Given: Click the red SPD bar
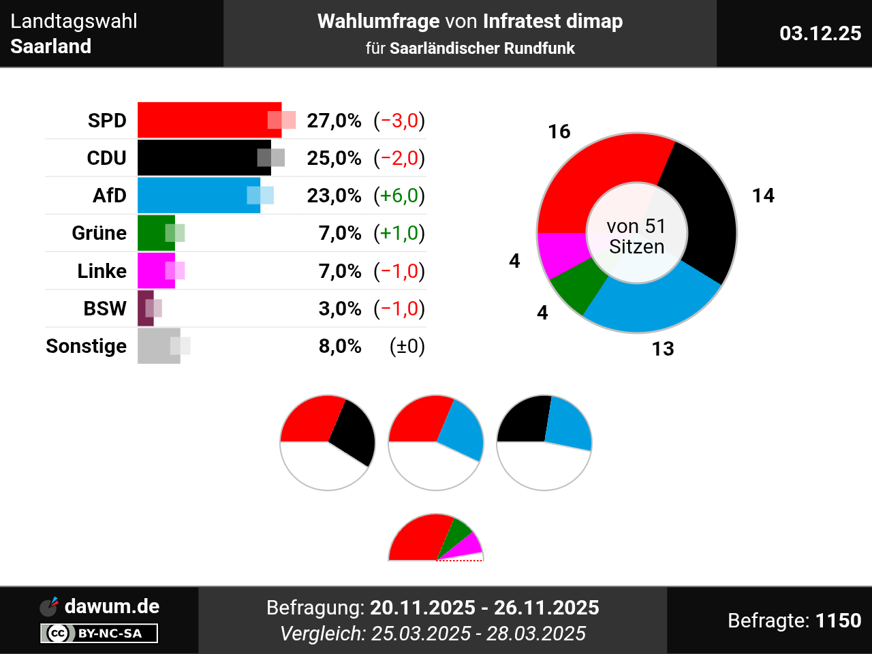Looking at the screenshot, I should (204, 120).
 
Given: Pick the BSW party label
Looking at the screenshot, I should (105, 309).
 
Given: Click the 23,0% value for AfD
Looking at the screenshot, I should (334, 196).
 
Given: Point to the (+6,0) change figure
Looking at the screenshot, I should (399, 196).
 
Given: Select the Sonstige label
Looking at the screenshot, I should (86, 346).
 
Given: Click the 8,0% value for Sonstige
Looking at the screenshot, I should (340, 346).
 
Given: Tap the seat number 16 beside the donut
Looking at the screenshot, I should (559, 131).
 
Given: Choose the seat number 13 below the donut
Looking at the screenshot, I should (663, 349).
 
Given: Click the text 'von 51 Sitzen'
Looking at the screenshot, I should (636, 236).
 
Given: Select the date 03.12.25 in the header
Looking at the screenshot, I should (820, 33).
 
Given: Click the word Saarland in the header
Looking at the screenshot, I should (51, 46).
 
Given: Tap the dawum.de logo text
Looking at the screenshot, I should (112, 606).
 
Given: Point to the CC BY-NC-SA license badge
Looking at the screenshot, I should (99, 634).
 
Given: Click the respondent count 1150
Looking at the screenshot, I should (838, 621).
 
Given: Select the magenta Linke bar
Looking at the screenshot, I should (156, 270).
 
